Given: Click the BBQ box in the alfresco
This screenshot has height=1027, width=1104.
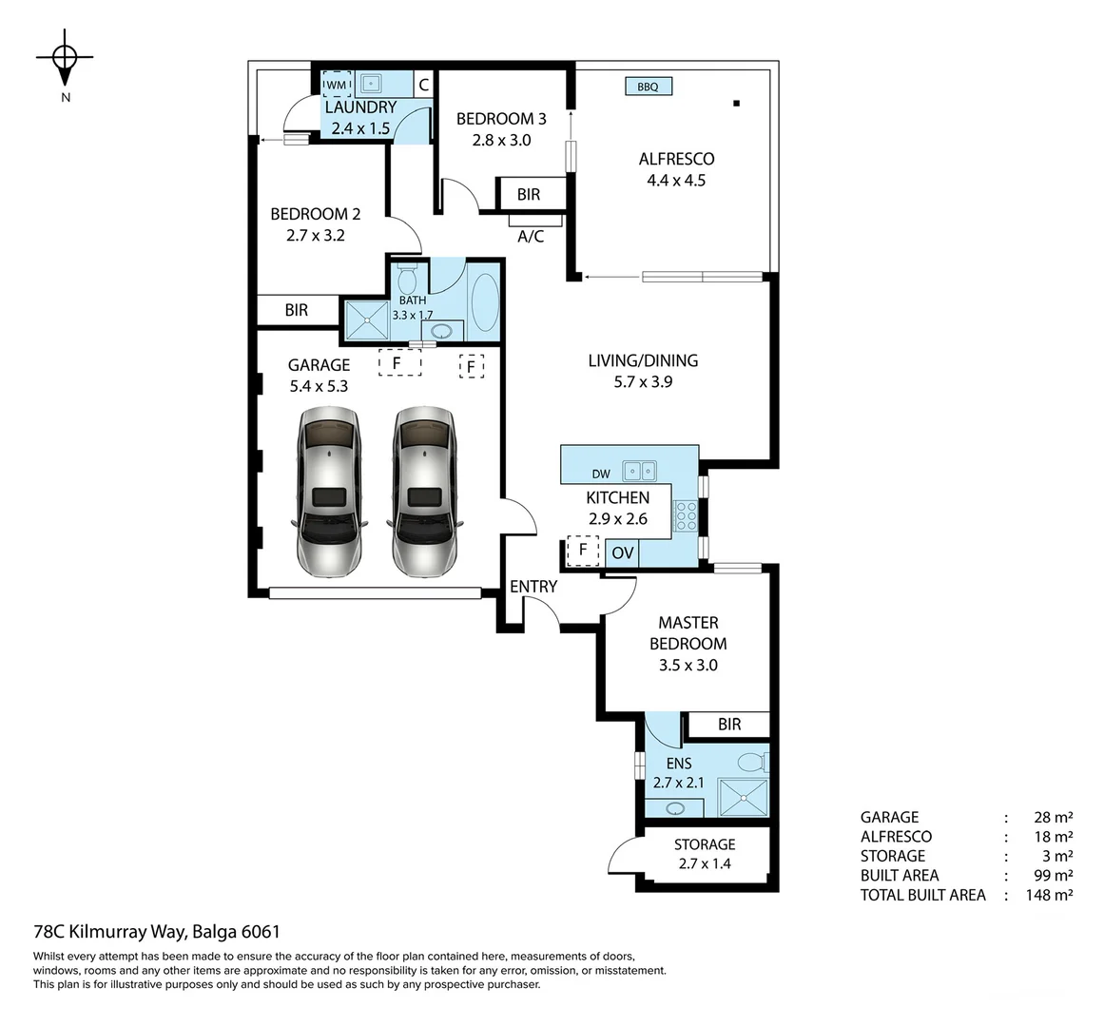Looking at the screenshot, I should click(x=648, y=87).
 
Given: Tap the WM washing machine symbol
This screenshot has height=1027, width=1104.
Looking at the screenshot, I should click(x=337, y=85).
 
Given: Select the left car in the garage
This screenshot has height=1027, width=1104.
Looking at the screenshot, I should click(x=328, y=493).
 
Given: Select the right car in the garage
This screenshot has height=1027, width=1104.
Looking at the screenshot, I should click(x=423, y=493).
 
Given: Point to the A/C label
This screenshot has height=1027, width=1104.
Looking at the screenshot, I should click(x=531, y=236).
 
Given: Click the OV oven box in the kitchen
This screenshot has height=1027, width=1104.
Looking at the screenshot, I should click(x=622, y=552).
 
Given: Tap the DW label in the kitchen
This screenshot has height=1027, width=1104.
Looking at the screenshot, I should click(x=601, y=474).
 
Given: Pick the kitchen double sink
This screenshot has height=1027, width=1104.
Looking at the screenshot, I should click(x=639, y=471).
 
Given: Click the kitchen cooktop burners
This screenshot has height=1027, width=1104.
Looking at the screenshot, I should click(x=685, y=515).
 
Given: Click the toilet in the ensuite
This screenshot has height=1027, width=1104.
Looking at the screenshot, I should click(x=754, y=763).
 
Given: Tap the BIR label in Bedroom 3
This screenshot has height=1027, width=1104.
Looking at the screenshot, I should click(x=529, y=194).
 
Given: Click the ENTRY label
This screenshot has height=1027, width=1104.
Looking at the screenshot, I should click(x=533, y=587).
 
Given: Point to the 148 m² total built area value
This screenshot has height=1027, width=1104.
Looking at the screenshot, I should click(x=1053, y=895).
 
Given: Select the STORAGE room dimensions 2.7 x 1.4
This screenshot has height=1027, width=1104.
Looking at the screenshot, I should click(x=704, y=864).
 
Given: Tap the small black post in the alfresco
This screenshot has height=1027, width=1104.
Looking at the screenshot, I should click(x=736, y=103).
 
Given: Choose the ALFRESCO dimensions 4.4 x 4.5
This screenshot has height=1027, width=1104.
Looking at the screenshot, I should click(x=676, y=181).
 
